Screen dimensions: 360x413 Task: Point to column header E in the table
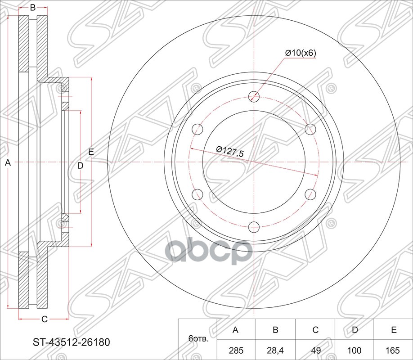(393, 330)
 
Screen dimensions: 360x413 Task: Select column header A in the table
(235, 330)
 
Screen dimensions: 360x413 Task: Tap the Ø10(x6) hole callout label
(301, 53)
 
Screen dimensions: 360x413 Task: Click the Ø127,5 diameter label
(229, 152)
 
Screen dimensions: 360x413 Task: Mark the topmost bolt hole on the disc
(254, 96)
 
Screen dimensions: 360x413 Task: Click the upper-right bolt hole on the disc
(310, 129)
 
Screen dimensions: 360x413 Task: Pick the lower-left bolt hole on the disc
(198, 194)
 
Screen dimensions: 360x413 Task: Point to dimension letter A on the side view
(7, 164)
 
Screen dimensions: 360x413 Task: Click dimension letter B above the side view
(33, 8)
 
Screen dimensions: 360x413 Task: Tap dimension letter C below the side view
(44, 319)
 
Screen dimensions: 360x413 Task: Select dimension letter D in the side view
(80, 166)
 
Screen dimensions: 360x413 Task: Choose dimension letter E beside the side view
(91, 152)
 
